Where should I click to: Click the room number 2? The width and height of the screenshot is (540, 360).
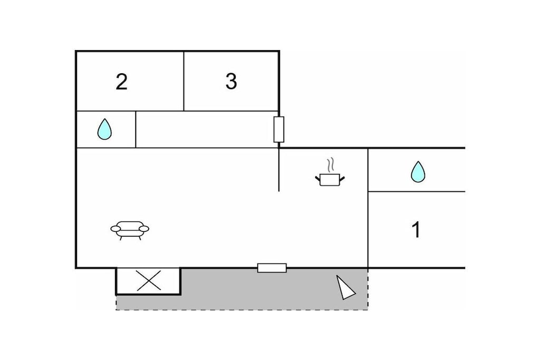pyautogui.click(x=122, y=82)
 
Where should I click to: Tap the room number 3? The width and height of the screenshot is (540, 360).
pyautogui.click(x=231, y=81)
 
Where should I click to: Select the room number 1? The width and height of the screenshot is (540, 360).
pyautogui.click(x=417, y=230)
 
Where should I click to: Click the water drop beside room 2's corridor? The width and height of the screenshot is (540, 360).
pyautogui.click(x=104, y=129)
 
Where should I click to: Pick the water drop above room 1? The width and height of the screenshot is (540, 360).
pyautogui.click(x=418, y=172)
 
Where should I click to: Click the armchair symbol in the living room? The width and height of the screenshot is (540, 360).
pyautogui.click(x=130, y=230)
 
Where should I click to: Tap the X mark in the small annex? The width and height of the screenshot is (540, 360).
pyautogui.click(x=149, y=280)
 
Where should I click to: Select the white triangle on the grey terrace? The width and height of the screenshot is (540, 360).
pyautogui.click(x=345, y=288)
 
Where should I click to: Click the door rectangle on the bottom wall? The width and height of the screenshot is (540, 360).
pyautogui.click(x=272, y=268)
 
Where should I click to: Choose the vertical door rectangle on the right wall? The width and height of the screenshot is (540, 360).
pyautogui.click(x=279, y=130)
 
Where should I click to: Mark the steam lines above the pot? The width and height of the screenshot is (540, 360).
pyautogui.click(x=331, y=165)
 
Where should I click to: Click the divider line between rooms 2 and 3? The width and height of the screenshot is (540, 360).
pyautogui.click(x=184, y=81)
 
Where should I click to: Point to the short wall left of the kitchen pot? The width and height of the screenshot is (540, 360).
pyautogui.click(x=278, y=170)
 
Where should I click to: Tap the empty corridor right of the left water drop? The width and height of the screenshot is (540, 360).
pyautogui.click(x=207, y=130)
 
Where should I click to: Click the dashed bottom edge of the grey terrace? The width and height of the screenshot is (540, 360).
pyautogui.click(x=242, y=310)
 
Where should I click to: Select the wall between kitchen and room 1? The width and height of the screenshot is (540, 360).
pyautogui.click(x=368, y=208)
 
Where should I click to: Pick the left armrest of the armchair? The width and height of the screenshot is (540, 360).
pyautogui.click(x=115, y=229)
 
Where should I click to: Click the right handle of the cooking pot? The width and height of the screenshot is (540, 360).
pyautogui.click(x=342, y=178)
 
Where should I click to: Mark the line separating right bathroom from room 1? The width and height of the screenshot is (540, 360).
pyautogui.click(x=417, y=191)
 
